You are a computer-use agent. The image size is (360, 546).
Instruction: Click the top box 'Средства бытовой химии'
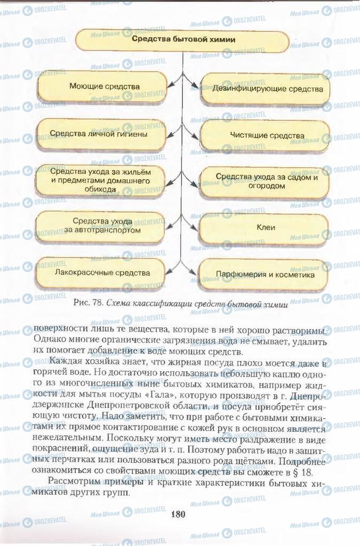[x=183, y=39]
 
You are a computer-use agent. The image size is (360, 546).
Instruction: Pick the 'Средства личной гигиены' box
[x=99, y=134]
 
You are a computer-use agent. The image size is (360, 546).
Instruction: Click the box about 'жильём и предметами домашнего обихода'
[x=100, y=181]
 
